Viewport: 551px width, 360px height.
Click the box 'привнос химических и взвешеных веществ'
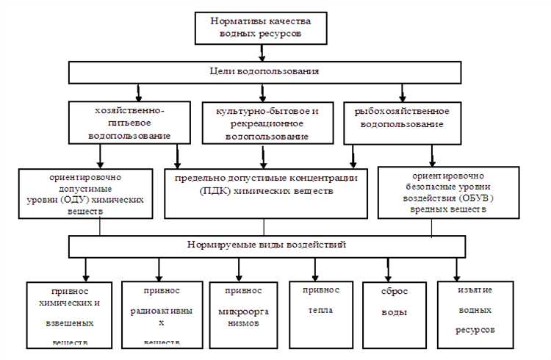click(71, 314)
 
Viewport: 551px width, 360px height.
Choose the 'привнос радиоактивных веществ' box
click(161, 314)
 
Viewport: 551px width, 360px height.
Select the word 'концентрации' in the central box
click(324, 178)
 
